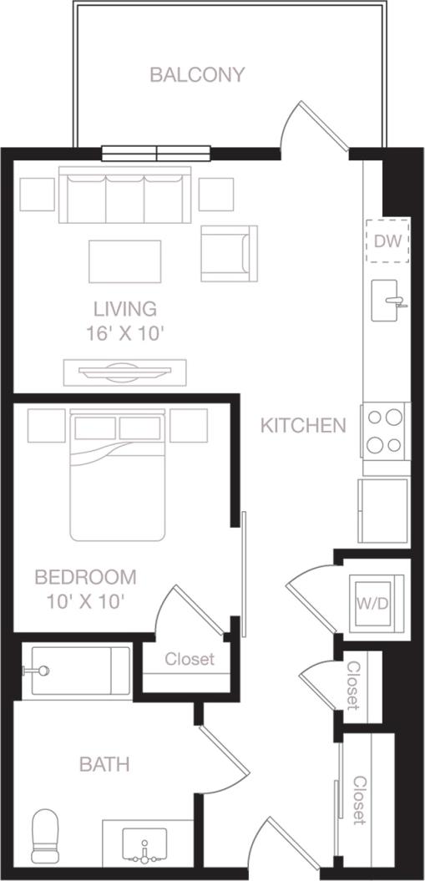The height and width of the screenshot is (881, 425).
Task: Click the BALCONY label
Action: pyautogui.click(x=197, y=75)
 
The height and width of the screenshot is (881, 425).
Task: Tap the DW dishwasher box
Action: pyautogui.click(x=388, y=241)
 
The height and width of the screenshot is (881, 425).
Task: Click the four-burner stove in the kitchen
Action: pyautogui.click(x=385, y=430)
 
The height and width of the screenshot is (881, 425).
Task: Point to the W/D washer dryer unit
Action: pyautogui.click(x=373, y=603)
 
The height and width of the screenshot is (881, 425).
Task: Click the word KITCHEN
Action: pyautogui.click(x=303, y=425)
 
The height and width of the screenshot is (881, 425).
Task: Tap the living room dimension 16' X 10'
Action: pyautogui.click(x=124, y=333)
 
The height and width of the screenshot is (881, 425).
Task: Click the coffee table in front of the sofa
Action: pyautogui.click(x=125, y=261)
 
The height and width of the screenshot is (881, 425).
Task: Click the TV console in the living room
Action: pyautogui.click(x=125, y=372)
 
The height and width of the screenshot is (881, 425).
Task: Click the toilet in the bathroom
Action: pyautogui.click(x=46, y=838)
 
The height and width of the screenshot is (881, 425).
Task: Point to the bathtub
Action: pyautogui.click(x=75, y=671)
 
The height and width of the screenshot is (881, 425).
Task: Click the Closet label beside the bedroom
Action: pyautogui.click(x=189, y=659)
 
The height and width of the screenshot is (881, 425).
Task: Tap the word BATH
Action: pyautogui.click(x=104, y=764)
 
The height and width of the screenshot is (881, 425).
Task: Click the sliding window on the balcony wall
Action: pyautogui.click(x=158, y=154)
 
